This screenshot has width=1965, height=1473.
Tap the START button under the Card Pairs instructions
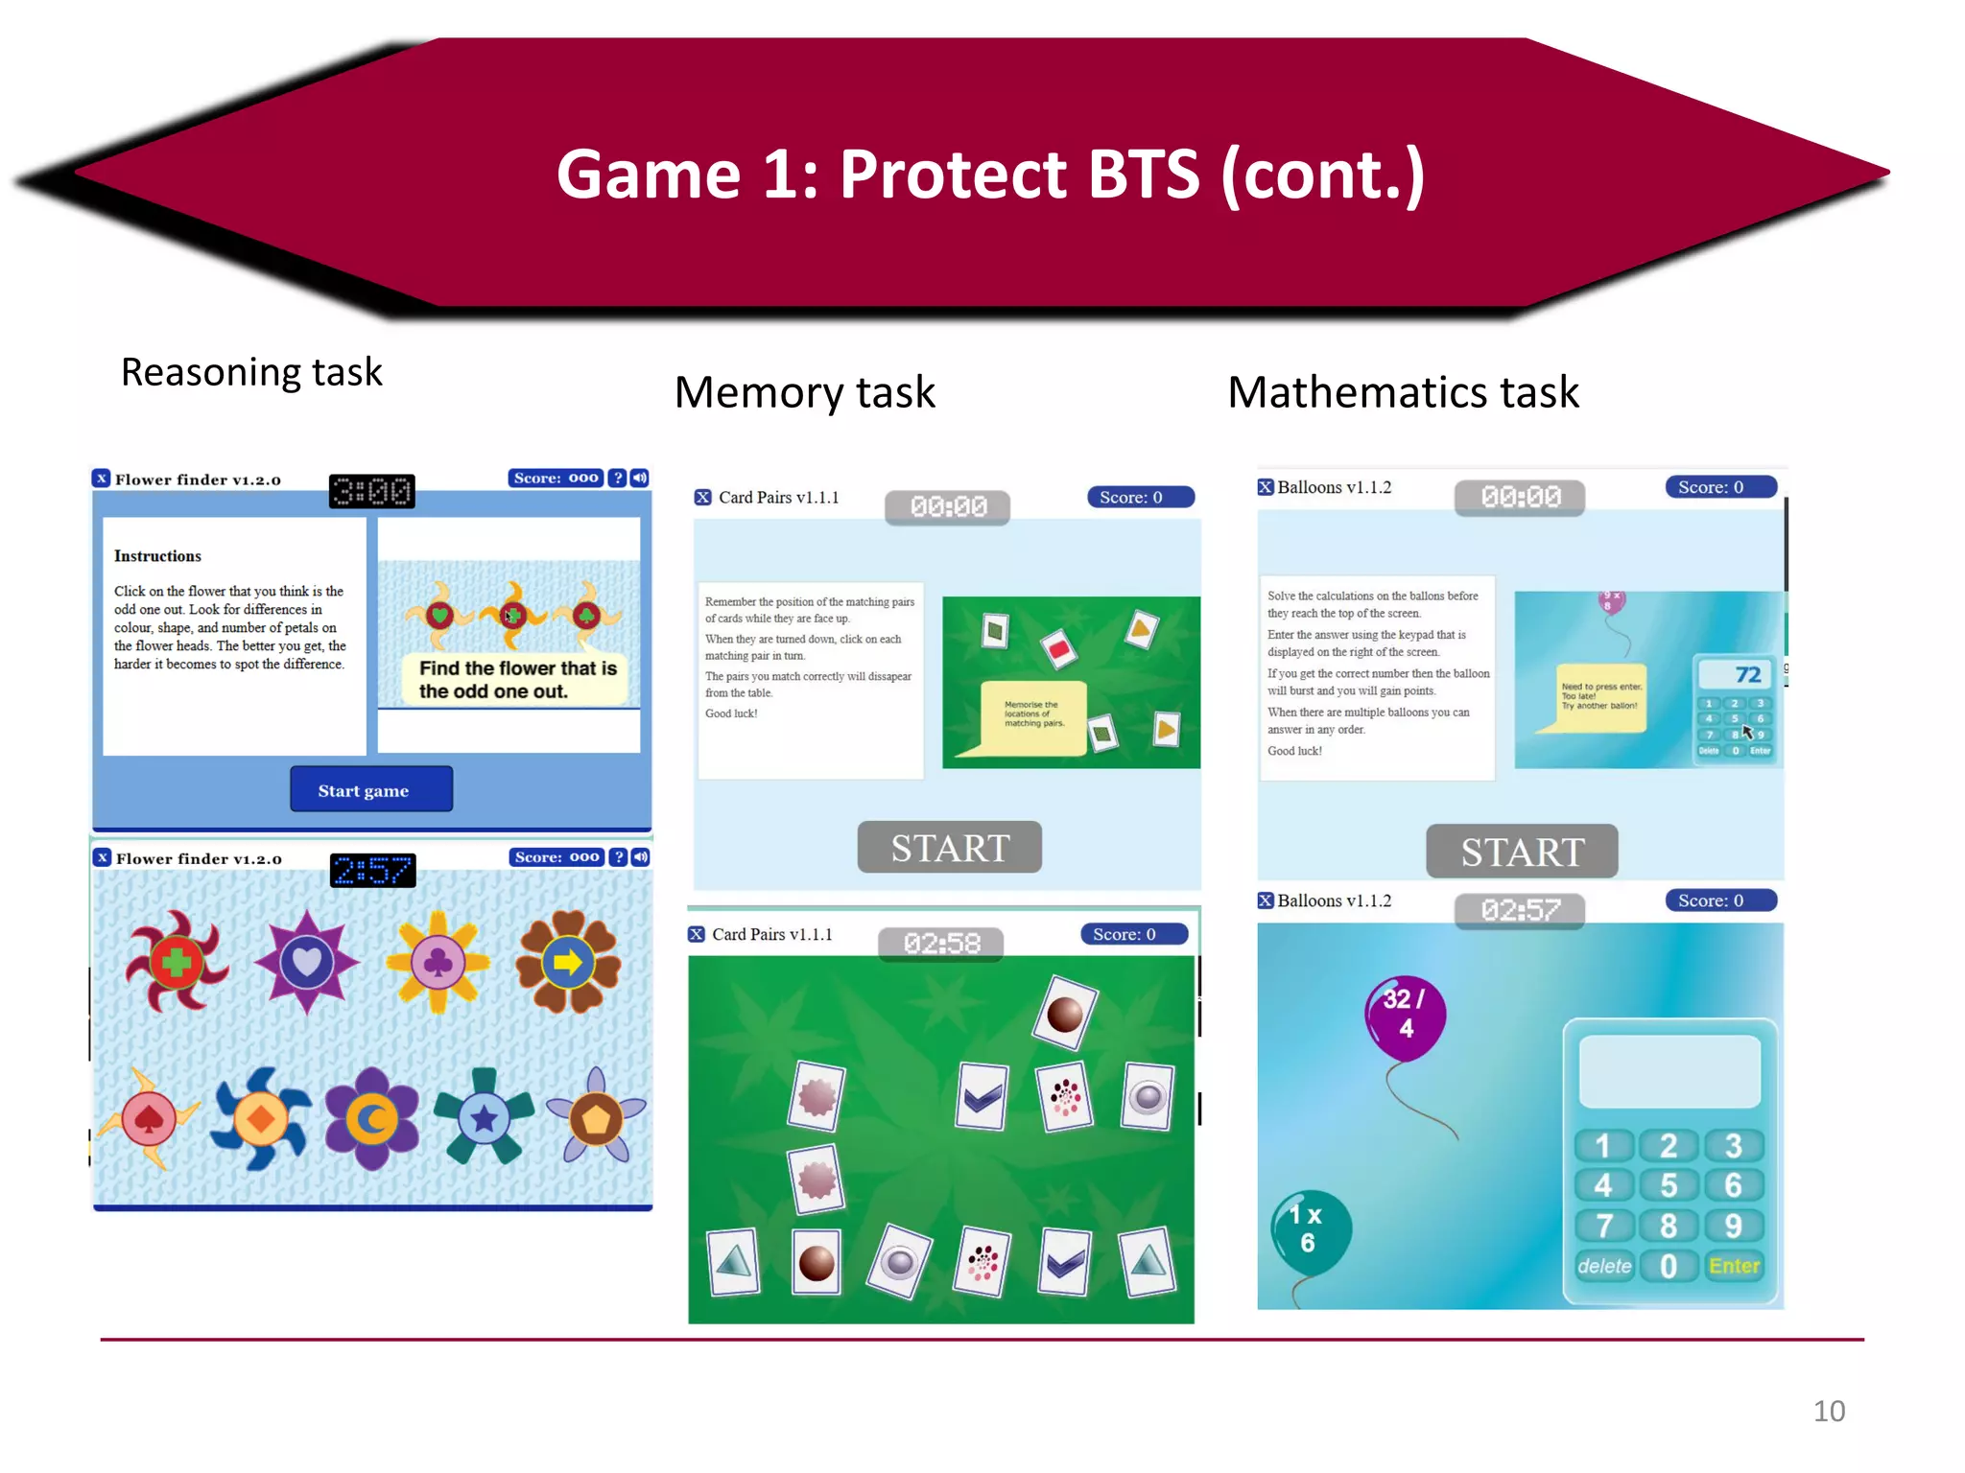949,848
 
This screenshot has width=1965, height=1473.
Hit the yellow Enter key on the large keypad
1734,1266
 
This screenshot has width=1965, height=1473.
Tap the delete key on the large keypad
1604,1266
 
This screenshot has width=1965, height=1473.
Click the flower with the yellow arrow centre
568,962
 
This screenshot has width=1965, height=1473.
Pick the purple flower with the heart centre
306,961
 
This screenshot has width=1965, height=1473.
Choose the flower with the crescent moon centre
372,1118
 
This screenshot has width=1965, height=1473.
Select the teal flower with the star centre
484,1117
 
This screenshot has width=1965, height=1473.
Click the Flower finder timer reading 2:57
372,871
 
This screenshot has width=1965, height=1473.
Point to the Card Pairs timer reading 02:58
941,944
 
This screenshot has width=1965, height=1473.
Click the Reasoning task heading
251,372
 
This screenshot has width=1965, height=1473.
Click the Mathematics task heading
1403,392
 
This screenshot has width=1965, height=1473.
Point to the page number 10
1829,1411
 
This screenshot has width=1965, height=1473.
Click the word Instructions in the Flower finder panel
157,556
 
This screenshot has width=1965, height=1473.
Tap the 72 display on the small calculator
1747,675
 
